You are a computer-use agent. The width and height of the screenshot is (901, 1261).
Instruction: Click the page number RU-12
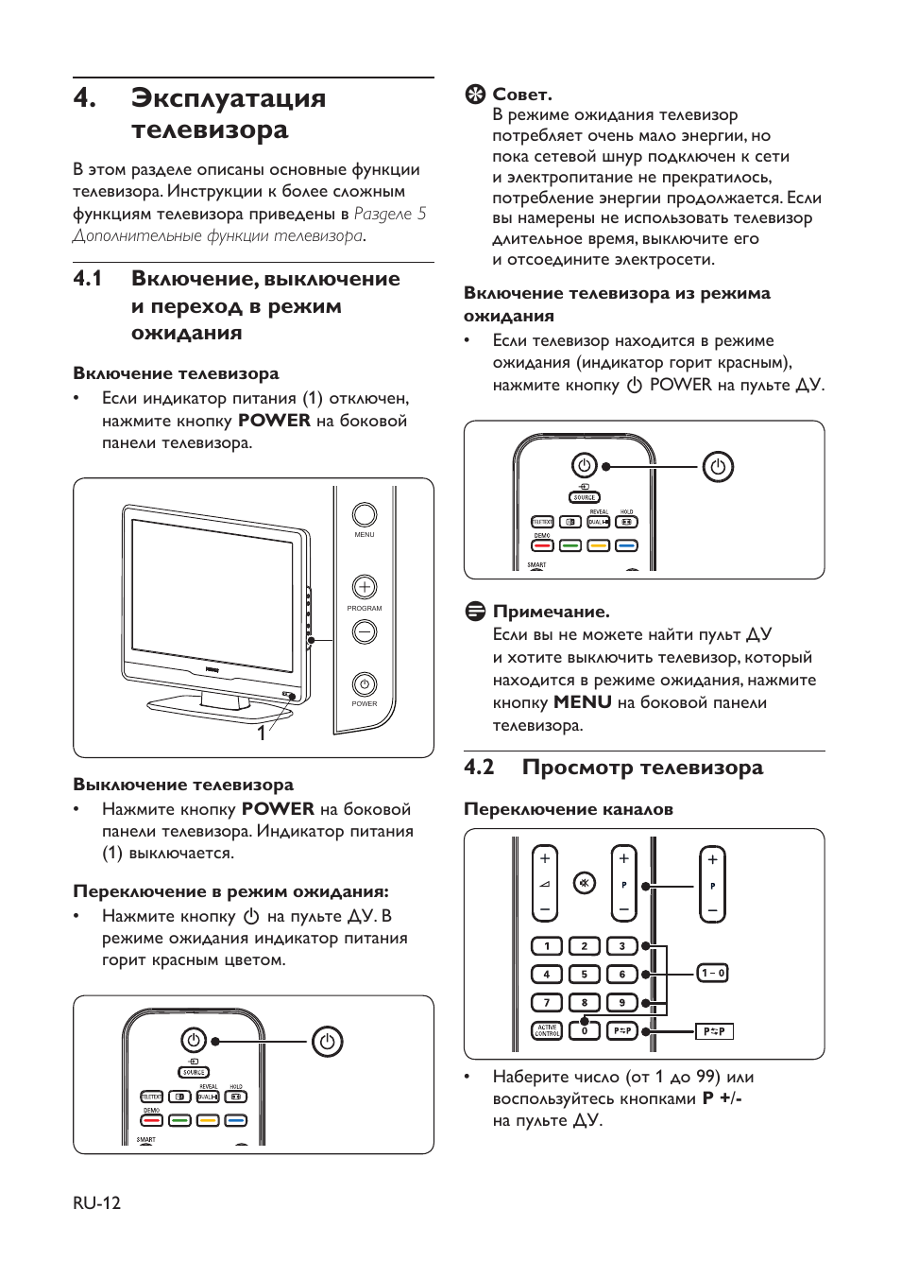[96, 1202]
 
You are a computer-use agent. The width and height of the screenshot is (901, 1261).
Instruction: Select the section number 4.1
[88, 279]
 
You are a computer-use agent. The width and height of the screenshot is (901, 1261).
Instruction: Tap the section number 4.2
[479, 768]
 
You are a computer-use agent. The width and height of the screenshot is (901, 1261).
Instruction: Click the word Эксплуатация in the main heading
[229, 98]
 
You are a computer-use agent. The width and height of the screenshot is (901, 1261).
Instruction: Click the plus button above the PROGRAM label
[365, 587]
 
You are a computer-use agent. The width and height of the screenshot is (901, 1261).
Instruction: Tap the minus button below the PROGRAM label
[365, 631]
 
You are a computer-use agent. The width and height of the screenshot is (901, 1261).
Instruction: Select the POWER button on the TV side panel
[365, 683]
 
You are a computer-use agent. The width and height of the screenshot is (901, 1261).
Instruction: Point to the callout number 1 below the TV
[262, 733]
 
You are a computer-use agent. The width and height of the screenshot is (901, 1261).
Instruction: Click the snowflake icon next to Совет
[475, 95]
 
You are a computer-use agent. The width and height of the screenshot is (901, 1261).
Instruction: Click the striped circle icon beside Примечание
[475, 612]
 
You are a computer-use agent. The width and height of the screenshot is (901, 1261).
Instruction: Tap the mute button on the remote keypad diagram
[585, 884]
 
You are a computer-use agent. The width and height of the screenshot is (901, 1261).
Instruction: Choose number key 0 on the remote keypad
[585, 1030]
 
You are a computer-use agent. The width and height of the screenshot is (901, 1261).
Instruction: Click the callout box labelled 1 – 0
[713, 973]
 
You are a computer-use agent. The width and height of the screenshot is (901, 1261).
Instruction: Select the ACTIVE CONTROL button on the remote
[547, 1030]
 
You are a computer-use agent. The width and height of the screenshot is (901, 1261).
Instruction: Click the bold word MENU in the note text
[582, 702]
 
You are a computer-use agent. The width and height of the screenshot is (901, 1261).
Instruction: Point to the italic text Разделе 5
[389, 214]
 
